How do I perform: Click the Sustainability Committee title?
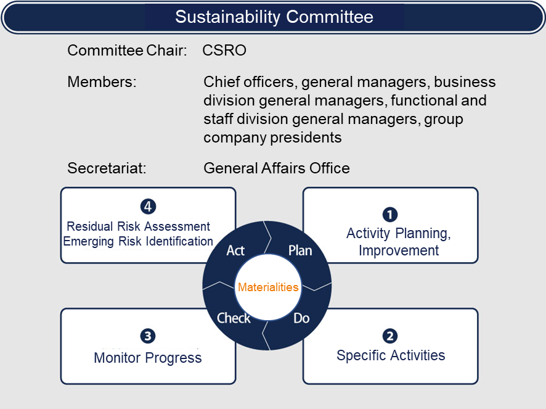click(274, 17)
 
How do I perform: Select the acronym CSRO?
click(224, 50)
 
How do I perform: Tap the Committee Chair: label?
click(127, 50)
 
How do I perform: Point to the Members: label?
click(102, 82)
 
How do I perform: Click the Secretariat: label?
click(107, 168)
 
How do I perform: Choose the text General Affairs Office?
click(277, 168)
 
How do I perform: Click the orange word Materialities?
click(268, 287)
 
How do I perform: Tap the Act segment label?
click(235, 250)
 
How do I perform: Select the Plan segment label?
click(300, 250)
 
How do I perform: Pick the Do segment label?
click(301, 318)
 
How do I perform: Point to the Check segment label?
click(234, 318)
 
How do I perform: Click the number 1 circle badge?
click(390, 215)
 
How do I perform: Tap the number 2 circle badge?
click(390, 336)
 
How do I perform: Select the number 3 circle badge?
click(148, 336)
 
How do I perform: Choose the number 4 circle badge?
click(148, 207)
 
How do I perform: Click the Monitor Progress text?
click(148, 358)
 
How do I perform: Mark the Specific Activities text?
click(391, 355)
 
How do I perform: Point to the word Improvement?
click(399, 250)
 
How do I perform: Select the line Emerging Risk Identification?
click(138, 241)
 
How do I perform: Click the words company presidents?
click(272, 138)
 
